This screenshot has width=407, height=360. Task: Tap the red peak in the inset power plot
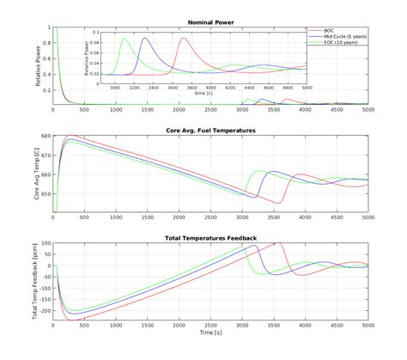point(183,38)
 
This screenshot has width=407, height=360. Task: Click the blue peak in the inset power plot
point(144,38)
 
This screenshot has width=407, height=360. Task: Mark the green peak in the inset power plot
point(125,38)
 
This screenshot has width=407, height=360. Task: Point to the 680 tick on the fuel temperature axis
point(45,136)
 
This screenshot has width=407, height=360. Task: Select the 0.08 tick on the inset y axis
point(101,40)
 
